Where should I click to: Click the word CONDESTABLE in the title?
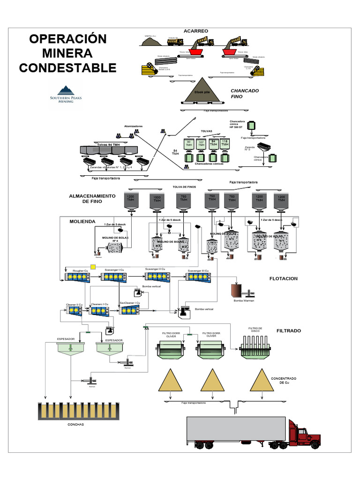coord(67,67)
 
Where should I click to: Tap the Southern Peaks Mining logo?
coord(65,95)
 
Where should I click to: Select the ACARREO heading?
coord(195,31)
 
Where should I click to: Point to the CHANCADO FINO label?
coord(244,93)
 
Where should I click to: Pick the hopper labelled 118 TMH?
coord(225,143)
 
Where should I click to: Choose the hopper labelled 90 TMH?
coord(188,144)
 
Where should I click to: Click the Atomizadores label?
coord(133,126)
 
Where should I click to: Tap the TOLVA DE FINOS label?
coord(183,187)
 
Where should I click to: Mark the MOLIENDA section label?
coord(82,221)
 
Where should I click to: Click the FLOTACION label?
coord(283,278)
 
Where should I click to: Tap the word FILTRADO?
coord(289,330)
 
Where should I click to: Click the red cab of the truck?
coord(300,435)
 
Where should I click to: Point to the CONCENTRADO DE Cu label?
coord(284,380)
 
